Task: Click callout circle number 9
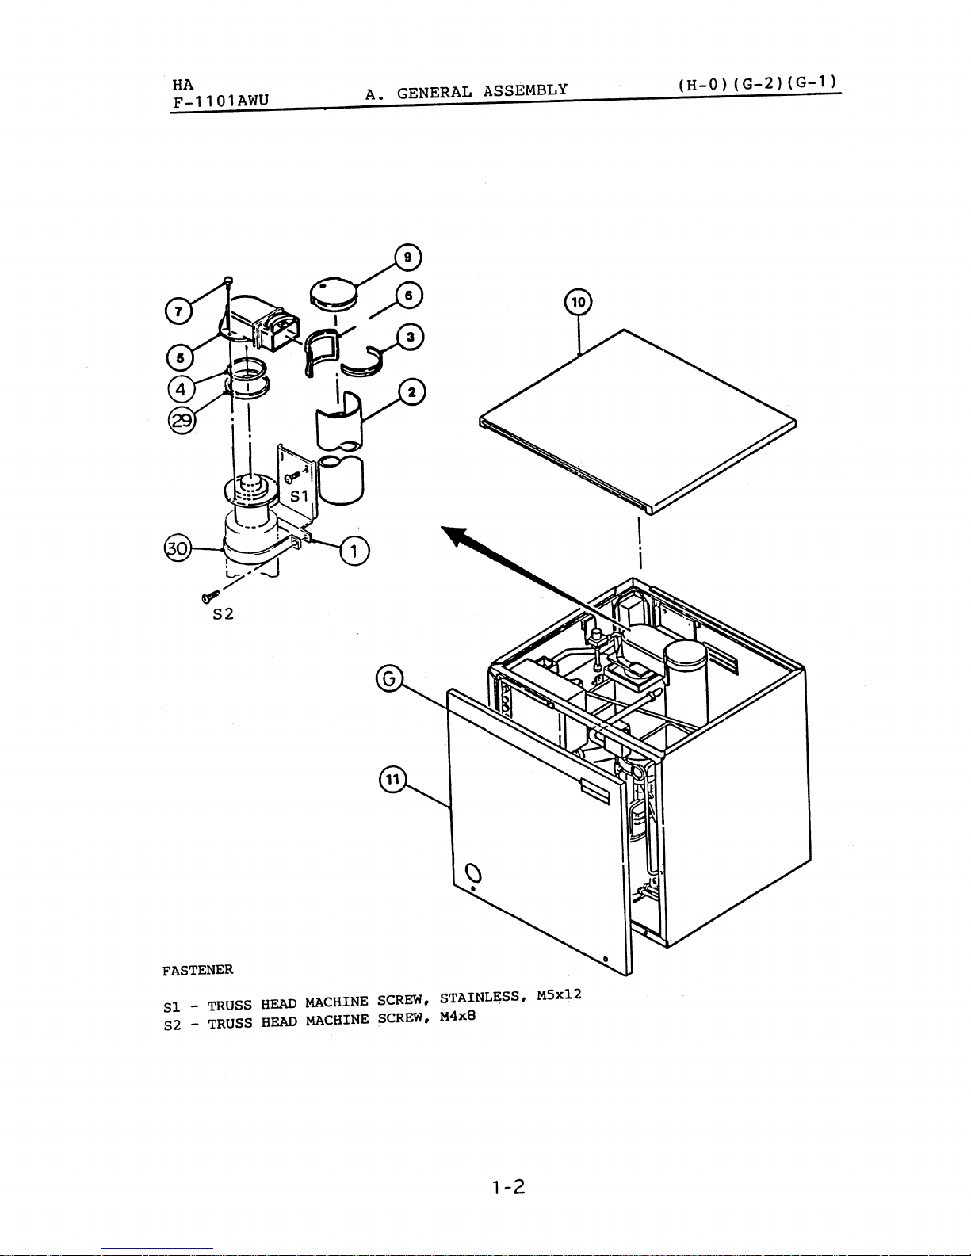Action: point(408,258)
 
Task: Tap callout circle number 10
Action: point(578,302)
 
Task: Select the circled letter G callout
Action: point(389,678)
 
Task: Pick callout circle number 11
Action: point(392,779)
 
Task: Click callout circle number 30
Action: point(178,548)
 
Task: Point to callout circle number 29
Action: point(182,420)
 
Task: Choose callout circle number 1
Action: point(354,551)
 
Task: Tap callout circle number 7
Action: point(178,311)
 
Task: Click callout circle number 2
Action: point(411,392)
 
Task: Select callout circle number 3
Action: point(410,337)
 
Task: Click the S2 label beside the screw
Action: point(223,614)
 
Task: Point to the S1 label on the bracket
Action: point(300,496)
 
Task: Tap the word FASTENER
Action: point(197,970)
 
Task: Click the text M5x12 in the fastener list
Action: point(559,994)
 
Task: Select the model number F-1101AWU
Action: point(221,101)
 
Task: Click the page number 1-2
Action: point(509,1187)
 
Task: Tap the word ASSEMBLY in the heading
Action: point(526,90)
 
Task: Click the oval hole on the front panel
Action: point(472,872)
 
